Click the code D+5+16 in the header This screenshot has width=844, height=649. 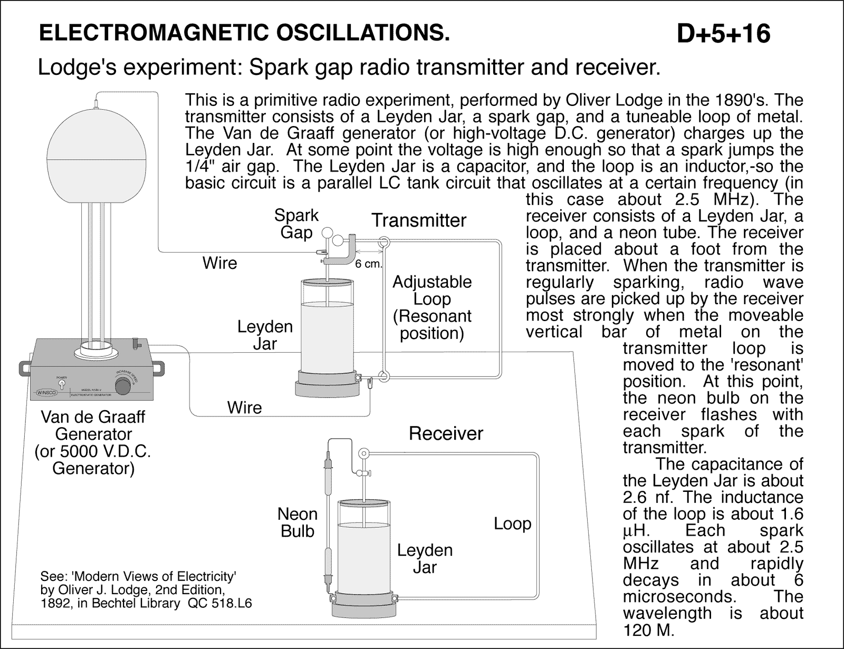(x=723, y=34)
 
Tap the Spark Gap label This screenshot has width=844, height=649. (x=296, y=224)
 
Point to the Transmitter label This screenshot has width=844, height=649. (x=419, y=220)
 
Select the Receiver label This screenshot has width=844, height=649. (x=446, y=433)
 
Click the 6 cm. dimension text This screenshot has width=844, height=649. (x=368, y=264)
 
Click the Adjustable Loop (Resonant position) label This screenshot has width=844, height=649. (x=431, y=307)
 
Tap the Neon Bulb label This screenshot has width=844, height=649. (x=298, y=522)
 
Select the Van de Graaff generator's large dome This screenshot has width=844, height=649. (x=93, y=156)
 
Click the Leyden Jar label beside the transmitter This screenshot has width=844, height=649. (x=265, y=335)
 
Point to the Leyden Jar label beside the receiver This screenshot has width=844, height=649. (x=425, y=558)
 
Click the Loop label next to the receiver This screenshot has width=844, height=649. (x=512, y=524)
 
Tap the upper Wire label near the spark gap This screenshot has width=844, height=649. (x=219, y=263)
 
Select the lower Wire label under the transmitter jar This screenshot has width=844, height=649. (x=244, y=407)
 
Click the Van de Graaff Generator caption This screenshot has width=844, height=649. (x=93, y=442)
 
